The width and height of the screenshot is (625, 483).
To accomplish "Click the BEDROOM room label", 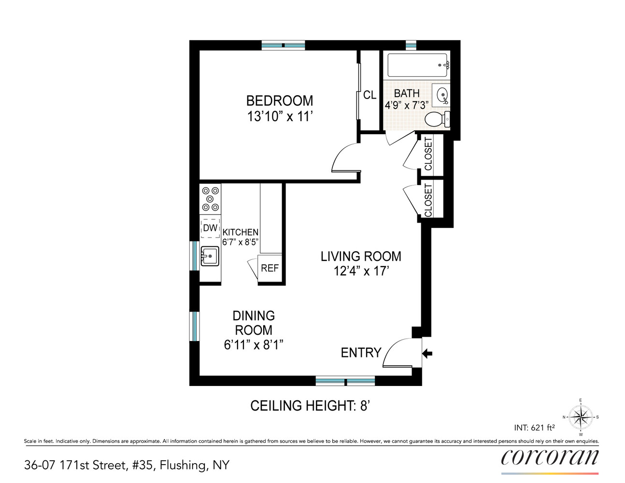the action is pyautogui.click(x=280, y=101).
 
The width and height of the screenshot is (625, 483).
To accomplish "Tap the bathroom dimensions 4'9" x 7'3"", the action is pyautogui.click(x=407, y=105).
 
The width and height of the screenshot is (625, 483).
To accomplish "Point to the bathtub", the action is pyautogui.click(x=418, y=65).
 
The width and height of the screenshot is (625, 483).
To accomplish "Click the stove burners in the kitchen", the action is pyautogui.click(x=210, y=199).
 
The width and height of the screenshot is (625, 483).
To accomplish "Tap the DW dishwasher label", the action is pyautogui.click(x=210, y=228).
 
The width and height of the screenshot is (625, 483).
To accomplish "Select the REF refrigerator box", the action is pyautogui.click(x=270, y=268).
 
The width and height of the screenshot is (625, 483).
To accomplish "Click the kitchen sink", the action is pyautogui.click(x=210, y=256).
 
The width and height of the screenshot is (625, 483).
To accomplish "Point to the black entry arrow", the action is pyautogui.click(x=427, y=354).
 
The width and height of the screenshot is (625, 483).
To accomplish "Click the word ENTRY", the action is pyautogui.click(x=361, y=353).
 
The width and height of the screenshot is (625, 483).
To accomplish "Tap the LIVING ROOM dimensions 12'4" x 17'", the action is pyautogui.click(x=361, y=271).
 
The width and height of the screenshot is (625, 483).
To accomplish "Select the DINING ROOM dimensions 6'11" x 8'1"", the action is pyautogui.click(x=254, y=345).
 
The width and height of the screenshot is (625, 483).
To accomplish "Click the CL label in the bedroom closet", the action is pyautogui.click(x=369, y=95).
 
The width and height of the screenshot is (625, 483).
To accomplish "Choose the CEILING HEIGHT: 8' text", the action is pyautogui.click(x=310, y=406).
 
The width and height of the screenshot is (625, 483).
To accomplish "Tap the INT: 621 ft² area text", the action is pyautogui.click(x=534, y=428).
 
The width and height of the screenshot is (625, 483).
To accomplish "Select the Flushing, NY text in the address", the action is pyautogui.click(x=195, y=465).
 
